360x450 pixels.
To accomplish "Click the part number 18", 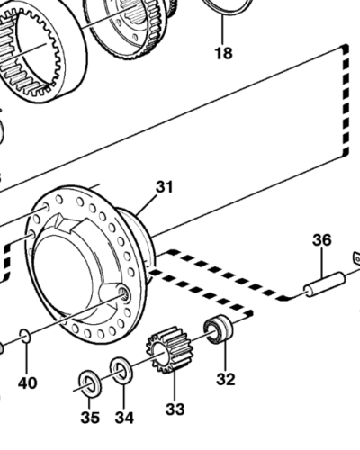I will (222, 53).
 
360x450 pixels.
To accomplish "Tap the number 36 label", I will (322, 240).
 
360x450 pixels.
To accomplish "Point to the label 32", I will (225, 379).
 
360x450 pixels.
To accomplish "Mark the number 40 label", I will (28, 382).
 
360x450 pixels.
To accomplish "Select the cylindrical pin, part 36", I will (322, 284).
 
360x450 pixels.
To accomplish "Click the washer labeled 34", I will (121, 369).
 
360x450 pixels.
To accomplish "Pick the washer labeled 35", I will (90, 382).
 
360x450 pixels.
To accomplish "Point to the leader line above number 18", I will (222, 31).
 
